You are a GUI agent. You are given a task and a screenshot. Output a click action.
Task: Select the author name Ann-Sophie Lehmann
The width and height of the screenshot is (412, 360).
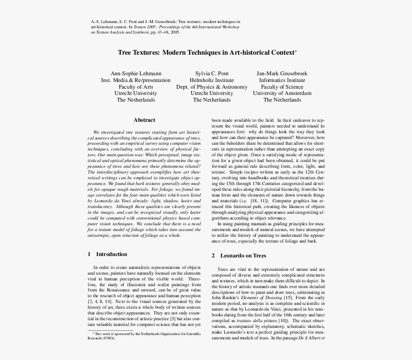coord(136,73)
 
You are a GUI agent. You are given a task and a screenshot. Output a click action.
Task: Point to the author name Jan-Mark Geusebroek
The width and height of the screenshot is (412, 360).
coord(282,73)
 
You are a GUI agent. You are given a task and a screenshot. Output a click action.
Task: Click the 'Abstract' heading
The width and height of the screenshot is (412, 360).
coord(144,120)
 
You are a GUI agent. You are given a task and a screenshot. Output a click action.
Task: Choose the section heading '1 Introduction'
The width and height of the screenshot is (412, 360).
coord(108,254)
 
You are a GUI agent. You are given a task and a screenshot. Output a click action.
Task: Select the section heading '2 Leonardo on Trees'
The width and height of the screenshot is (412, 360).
coord(239,256)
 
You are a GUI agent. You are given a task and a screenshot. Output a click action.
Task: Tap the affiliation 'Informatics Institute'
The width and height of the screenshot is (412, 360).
coord(282,80)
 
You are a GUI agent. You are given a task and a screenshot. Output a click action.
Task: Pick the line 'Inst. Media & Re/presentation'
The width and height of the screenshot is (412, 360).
coord(136,80)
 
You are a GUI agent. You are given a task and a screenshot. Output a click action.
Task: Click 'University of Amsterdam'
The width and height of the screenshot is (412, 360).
coord(282,93)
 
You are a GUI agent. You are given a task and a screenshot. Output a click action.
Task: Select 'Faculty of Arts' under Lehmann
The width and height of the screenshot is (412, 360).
coord(136,87)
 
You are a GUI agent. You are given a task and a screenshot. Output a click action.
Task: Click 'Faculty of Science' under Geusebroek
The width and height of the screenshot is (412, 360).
coord(282,87)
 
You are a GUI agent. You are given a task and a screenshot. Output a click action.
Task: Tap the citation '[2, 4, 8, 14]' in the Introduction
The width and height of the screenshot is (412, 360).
coord(100,302)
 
